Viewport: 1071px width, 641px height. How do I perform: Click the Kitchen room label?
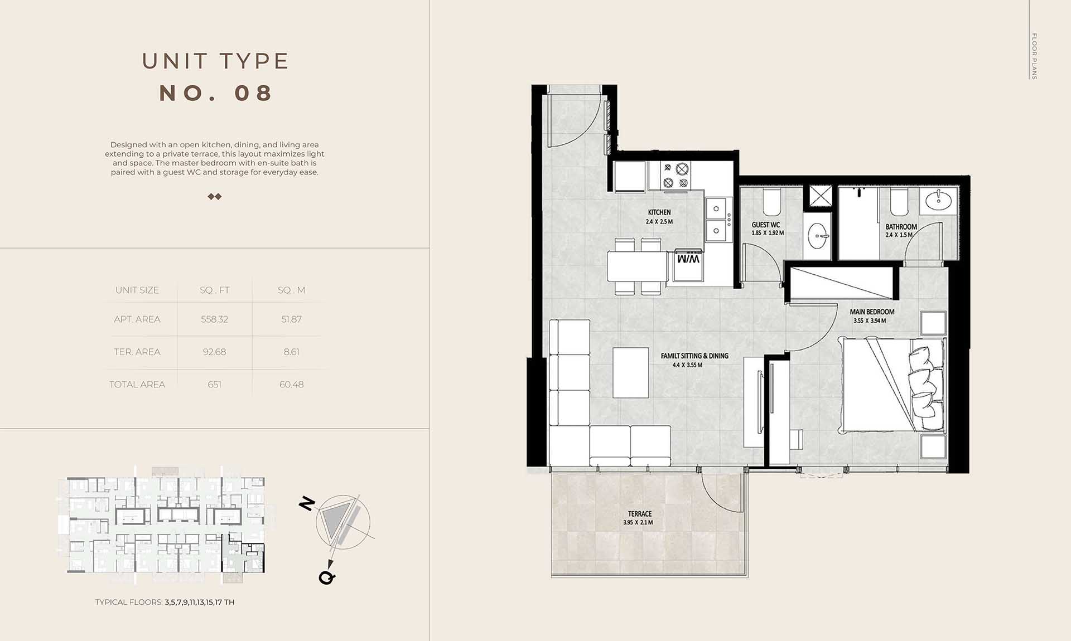tap(659, 212)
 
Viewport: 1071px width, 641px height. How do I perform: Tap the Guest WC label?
tap(765, 225)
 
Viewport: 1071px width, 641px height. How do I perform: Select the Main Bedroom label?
tap(872, 312)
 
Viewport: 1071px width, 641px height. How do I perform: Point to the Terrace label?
tap(639, 514)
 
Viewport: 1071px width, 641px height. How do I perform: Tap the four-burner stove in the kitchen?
tap(675, 176)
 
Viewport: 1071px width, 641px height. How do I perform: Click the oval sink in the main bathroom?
tap(939, 200)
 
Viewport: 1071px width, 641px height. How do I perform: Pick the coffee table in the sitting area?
tap(630, 372)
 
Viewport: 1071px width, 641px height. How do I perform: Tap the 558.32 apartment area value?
tap(214, 319)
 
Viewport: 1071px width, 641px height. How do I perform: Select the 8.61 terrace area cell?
tap(291, 352)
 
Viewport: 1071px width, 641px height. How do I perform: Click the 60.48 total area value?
tap(291, 385)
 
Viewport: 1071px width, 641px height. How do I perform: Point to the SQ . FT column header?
tap(214, 290)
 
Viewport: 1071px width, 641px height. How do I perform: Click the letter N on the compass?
tap(307, 503)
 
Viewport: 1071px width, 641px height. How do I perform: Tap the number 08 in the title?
tap(254, 93)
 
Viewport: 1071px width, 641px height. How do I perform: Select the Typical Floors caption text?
tap(165, 602)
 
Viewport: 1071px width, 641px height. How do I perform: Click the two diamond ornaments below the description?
tap(214, 196)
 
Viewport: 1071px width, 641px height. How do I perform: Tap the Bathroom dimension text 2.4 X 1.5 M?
tap(899, 235)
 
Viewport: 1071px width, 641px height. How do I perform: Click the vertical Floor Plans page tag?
tap(1034, 56)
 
